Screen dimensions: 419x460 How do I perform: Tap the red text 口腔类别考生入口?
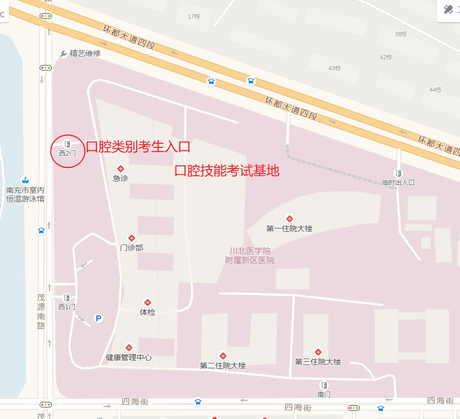click(138, 146)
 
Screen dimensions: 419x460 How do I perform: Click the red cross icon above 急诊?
click(121, 168)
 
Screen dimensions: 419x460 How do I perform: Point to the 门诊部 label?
click(132, 248)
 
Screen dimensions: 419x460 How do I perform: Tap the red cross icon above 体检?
click(147, 302)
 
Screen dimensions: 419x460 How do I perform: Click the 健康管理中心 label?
click(129, 358)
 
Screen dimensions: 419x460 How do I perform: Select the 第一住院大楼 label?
click(289, 228)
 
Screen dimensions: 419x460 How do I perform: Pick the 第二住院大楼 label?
click(223, 366)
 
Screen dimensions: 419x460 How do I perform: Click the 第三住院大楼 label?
click(318, 362)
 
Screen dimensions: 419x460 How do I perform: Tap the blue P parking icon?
click(98, 318)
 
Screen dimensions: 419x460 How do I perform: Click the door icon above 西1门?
click(67, 298)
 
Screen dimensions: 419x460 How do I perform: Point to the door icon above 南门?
click(325, 385)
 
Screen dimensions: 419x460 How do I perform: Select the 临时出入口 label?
click(398, 182)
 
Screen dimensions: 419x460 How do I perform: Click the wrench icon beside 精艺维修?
click(63, 53)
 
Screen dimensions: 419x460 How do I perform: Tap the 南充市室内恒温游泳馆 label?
click(25, 194)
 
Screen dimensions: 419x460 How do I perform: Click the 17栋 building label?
click(194, 17)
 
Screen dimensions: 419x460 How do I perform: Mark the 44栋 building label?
click(435, 90)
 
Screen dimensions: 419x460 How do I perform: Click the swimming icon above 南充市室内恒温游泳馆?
click(25, 179)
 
